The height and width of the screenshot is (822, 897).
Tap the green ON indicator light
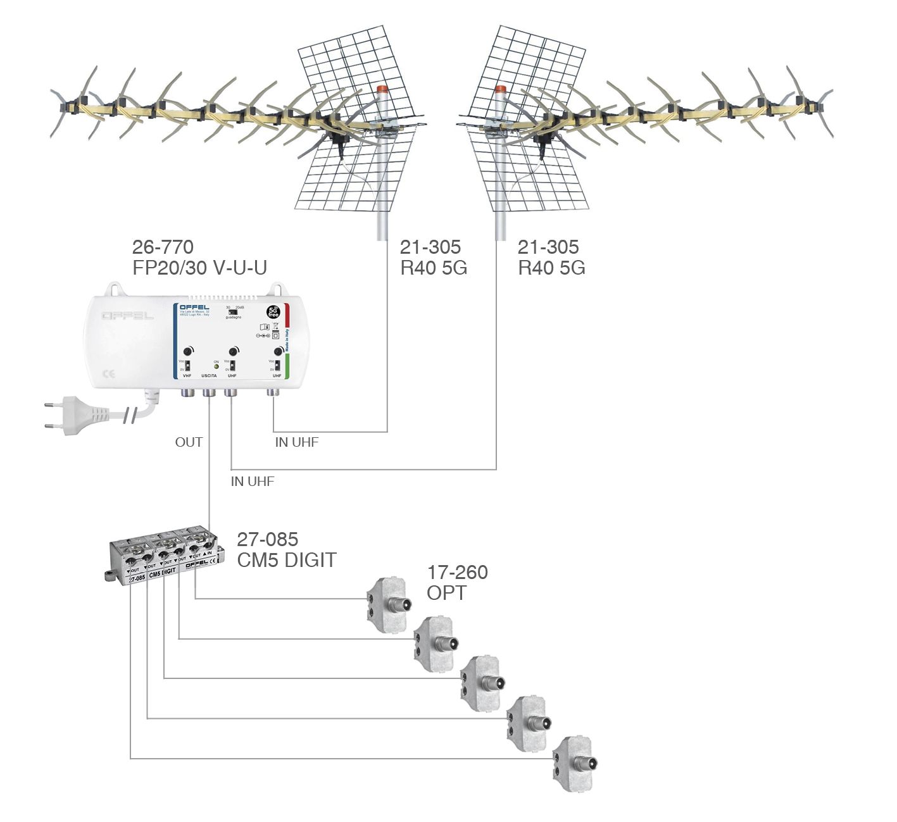[x=216, y=366]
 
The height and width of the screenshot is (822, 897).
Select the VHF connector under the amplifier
[x=187, y=393]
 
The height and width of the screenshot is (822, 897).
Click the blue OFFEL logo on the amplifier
[x=194, y=308]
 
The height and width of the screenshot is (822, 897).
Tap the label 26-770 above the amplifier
[x=163, y=247]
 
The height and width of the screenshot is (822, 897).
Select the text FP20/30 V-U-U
[x=199, y=268]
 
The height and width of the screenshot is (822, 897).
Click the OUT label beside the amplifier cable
[x=189, y=442]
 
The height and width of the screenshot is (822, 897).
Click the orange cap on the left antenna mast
[x=382, y=90]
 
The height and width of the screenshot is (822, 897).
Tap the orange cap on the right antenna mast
[x=501, y=90]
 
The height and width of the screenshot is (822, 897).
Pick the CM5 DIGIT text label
[x=287, y=560]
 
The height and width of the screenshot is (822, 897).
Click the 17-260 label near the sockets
[x=457, y=573]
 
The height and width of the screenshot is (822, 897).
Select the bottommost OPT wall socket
[x=574, y=763]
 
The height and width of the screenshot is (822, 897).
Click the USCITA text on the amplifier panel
[x=209, y=376]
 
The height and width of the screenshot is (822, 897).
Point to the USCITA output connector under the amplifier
[x=209, y=393]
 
